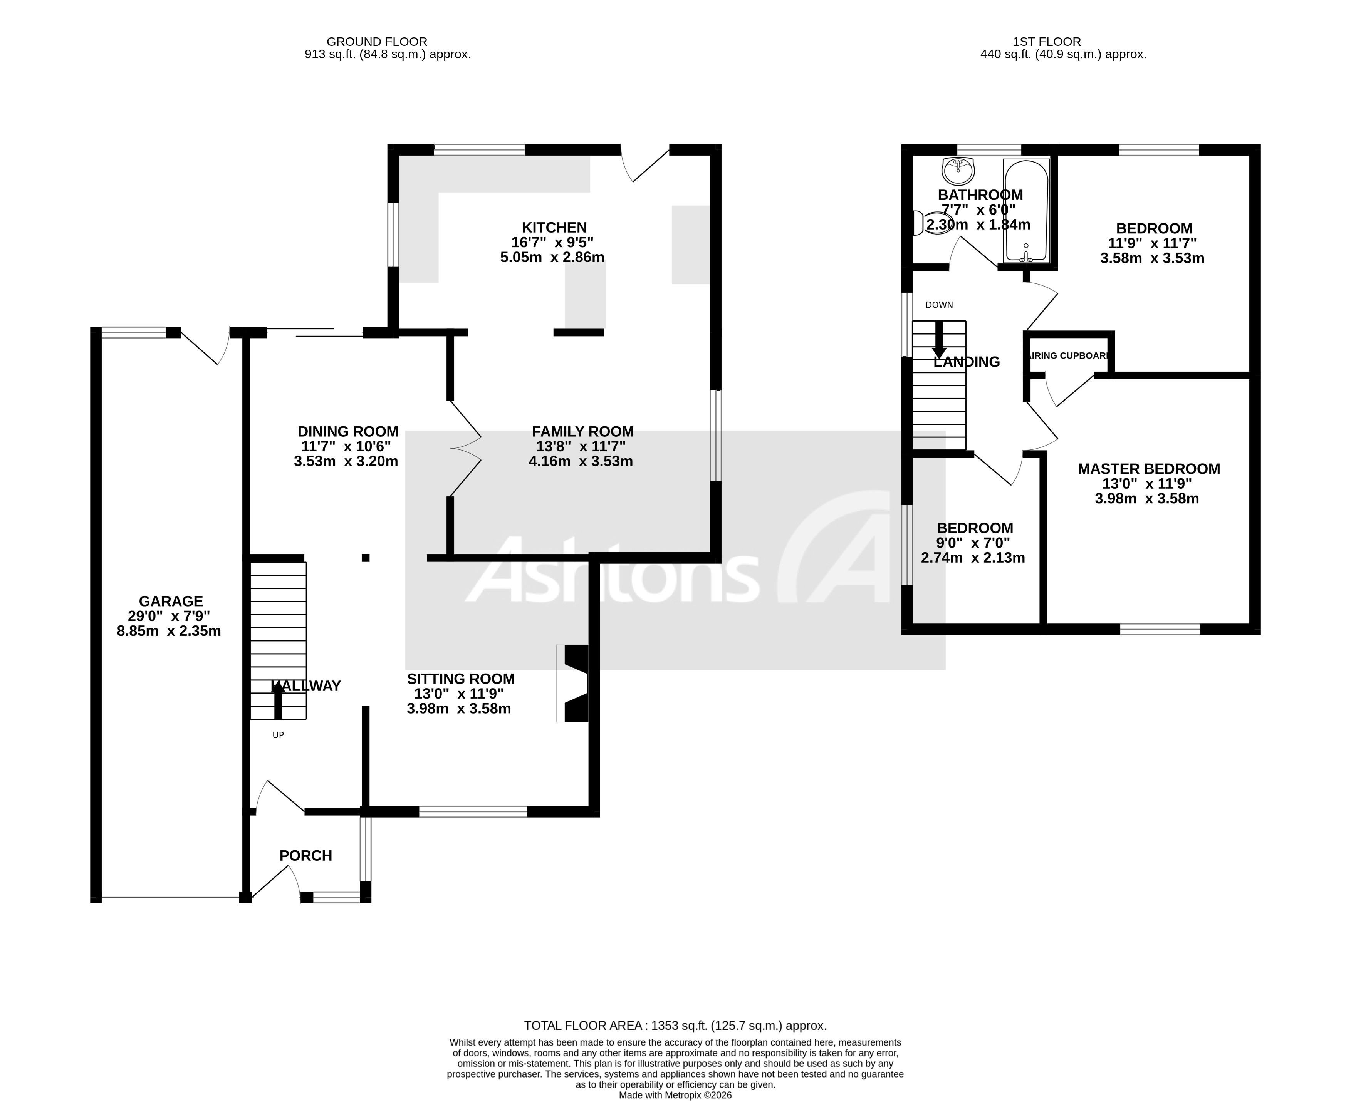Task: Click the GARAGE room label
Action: pyautogui.click(x=171, y=601)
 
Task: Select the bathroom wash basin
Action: pyautogui.click(x=958, y=170)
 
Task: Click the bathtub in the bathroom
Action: pyautogui.click(x=1025, y=211)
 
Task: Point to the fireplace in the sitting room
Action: pyautogui.click(x=575, y=683)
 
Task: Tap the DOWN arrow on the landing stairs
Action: pyautogui.click(x=939, y=340)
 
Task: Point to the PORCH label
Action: pyautogui.click(x=306, y=856)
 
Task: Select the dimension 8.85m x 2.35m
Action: pyautogui.click(x=169, y=631)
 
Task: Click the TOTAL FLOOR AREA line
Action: pyautogui.click(x=675, y=1026)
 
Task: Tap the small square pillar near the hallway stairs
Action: pyautogui.click(x=365, y=558)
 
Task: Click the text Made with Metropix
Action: pyautogui.click(x=675, y=1095)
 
